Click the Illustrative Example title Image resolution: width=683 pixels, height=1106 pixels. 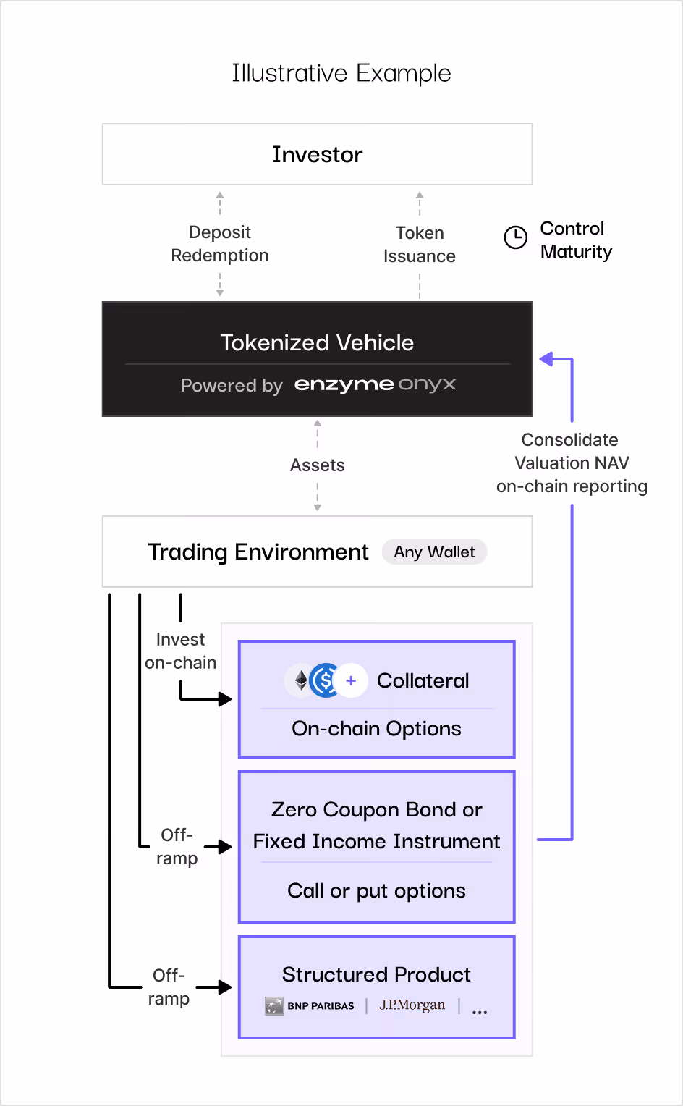click(341, 73)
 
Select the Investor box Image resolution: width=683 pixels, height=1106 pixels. click(317, 154)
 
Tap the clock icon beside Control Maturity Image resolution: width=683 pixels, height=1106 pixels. click(515, 237)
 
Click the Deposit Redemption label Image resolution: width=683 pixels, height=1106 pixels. click(219, 244)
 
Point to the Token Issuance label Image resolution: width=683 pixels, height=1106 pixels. click(419, 245)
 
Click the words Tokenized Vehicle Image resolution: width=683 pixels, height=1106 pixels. click(317, 342)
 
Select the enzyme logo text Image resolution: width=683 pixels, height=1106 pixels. click(344, 384)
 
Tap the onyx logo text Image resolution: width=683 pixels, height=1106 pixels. click(427, 384)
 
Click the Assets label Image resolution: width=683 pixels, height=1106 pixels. click(317, 465)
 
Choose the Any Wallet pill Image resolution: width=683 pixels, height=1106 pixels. click(434, 552)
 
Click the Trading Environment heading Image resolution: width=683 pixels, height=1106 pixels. click(258, 552)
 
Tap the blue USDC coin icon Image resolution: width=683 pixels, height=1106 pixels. click(325, 680)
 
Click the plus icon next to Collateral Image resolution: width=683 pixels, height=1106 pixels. click(351, 680)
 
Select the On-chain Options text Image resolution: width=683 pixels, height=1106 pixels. click(376, 728)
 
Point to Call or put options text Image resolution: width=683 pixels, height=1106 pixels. click(376, 890)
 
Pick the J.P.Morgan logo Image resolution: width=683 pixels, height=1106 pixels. click(412, 1005)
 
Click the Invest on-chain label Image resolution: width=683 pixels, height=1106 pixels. click(180, 651)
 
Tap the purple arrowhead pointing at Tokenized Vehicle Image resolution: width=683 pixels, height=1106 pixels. click(546, 358)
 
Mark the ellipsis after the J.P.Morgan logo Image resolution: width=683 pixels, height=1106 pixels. click(479, 1012)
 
